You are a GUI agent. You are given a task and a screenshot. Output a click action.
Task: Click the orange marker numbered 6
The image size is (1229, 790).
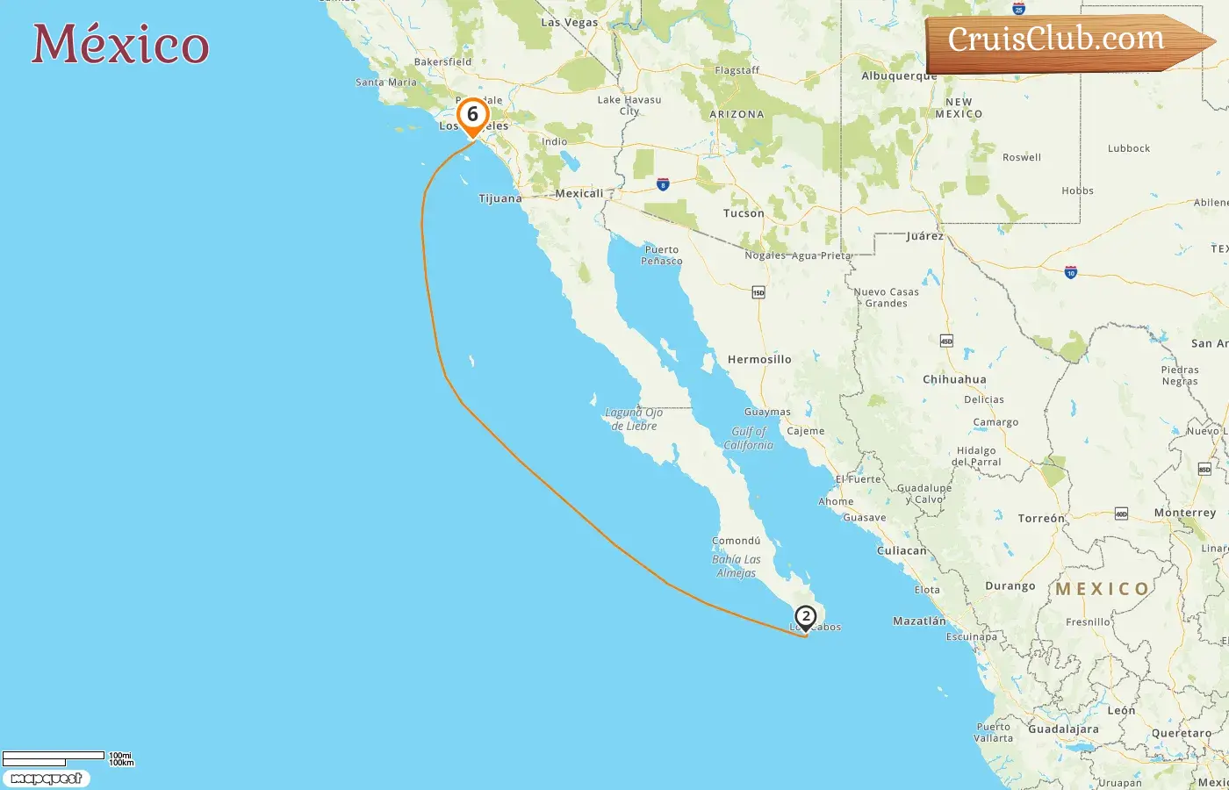pyautogui.click(x=472, y=115)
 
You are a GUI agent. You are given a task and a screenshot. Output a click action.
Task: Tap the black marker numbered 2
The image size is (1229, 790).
pyautogui.click(x=805, y=617)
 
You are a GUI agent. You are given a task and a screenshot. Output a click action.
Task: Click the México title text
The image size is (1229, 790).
pyautogui.click(x=120, y=45)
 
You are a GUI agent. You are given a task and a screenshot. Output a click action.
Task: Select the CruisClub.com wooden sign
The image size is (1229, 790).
pyautogui.click(x=1062, y=41)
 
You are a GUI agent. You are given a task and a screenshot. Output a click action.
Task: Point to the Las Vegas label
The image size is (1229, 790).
pyautogui.click(x=569, y=23)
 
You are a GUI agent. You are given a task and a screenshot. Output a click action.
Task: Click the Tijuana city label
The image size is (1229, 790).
pyautogui.click(x=500, y=198)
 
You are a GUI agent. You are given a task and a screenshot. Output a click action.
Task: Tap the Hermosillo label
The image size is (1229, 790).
pyautogui.click(x=759, y=360)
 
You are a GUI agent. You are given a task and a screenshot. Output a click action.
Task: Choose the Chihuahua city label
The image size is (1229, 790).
pyautogui.click(x=954, y=380)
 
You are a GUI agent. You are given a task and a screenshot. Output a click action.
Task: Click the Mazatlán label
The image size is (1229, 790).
pyautogui.click(x=919, y=621)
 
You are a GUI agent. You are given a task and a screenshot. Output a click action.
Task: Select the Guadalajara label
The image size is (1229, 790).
pyautogui.click(x=1063, y=729)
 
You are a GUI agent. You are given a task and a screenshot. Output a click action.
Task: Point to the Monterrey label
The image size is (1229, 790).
pyautogui.click(x=1185, y=513)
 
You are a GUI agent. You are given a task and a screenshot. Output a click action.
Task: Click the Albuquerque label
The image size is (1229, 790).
pyautogui.click(x=899, y=76)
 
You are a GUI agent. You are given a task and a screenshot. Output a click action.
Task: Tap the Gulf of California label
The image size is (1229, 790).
pyautogui.click(x=749, y=438)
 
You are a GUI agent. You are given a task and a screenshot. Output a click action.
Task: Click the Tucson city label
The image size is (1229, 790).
pyautogui.click(x=744, y=213)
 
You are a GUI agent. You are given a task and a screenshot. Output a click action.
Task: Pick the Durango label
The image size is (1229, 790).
pyautogui.click(x=1010, y=586)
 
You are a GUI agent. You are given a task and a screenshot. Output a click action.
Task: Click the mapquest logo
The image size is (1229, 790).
pyautogui.click(x=46, y=779)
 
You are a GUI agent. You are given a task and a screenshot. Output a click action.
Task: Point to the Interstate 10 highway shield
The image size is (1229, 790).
pyautogui.click(x=1070, y=273)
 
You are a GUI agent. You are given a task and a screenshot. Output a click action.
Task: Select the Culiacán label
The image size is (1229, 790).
pyautogui.click(x=902, y=551)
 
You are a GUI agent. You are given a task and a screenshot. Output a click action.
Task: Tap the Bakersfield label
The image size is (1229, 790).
pyautogui.click(x=442, y=62)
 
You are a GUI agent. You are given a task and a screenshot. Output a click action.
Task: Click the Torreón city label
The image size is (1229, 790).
pyautogui.click(x=1041, y=519)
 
